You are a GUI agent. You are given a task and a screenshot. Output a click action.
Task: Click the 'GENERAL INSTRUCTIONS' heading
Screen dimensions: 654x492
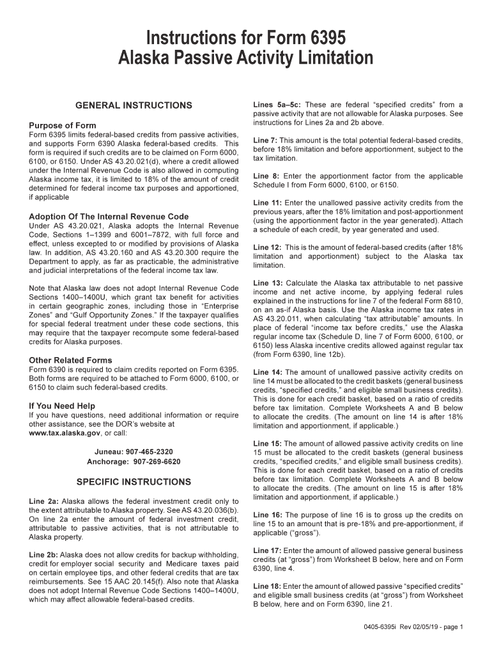click(134, 105)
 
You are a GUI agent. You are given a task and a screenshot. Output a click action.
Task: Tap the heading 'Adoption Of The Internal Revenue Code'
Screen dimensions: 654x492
click(109, 217)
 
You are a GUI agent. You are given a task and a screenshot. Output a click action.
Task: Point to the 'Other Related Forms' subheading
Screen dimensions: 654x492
click(70, 360)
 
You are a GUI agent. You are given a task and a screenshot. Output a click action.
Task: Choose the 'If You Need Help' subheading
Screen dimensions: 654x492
click(62, 406)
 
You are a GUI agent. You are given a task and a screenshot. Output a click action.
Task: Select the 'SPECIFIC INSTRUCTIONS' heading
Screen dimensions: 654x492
click(134, 482)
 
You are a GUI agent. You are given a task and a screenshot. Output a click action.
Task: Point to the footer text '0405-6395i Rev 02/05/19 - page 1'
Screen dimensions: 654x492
click(410, 627)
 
